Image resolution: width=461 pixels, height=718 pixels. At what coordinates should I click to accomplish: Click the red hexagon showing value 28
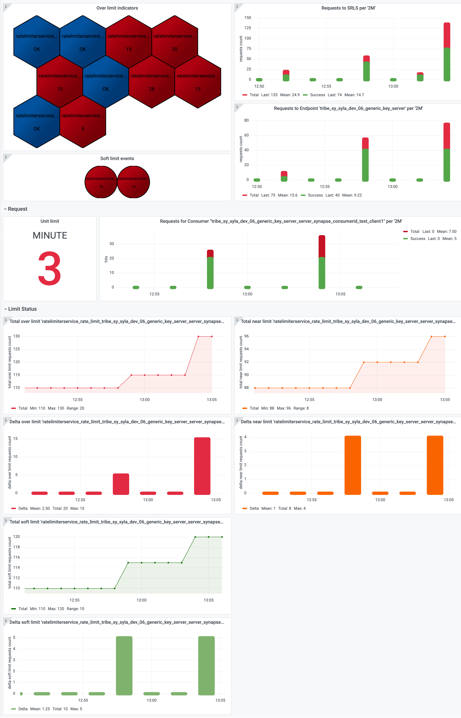tap(152, 82)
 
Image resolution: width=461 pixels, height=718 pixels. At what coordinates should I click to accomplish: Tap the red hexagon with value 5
tap(83, 122)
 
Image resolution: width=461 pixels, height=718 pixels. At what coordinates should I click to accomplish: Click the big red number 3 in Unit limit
tap(50, 268)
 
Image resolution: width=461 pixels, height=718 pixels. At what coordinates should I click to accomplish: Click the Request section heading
tap(17, 209)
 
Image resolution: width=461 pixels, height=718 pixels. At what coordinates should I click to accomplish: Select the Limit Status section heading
tap(22, 309)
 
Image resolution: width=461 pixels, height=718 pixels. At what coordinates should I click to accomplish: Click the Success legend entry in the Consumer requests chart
tap(418, 239)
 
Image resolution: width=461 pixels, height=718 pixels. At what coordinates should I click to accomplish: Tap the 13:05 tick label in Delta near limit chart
tap(448, 500)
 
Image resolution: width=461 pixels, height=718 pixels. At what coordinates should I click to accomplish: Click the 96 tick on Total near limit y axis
tap(246, 336)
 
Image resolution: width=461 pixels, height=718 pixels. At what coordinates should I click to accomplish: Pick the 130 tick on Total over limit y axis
tap(17, 336)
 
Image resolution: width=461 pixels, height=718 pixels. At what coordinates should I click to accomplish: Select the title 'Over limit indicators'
tap(117, 8)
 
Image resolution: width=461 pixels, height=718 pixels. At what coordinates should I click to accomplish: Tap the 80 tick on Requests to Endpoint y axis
tap(246, 120)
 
